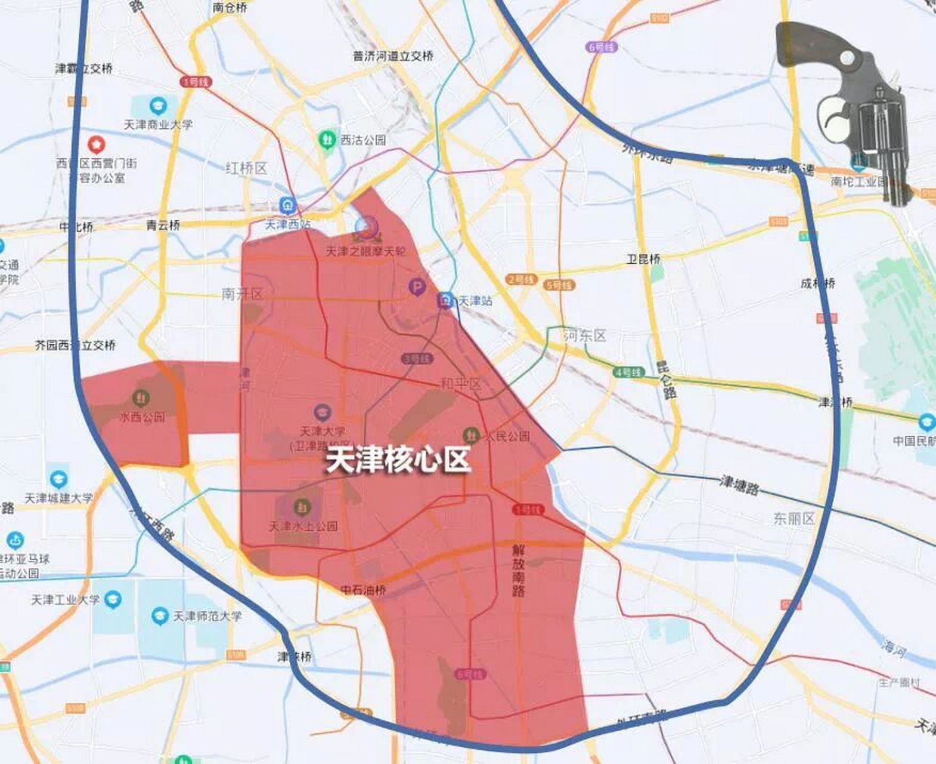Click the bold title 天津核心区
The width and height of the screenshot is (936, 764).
click(x=398, y=460)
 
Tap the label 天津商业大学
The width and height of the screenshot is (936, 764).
click(x=158, y=125)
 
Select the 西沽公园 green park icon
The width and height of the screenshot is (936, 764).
click(x=326, y=140)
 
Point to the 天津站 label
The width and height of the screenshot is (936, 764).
click(x=475, y=300)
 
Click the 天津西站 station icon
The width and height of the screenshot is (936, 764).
click(x=289, y=205)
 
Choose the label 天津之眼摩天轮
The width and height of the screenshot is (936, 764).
click(x=365, y=251)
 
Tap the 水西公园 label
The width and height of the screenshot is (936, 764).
click(x=142, y=417)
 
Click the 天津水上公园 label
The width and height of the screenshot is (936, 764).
click(x=303, y=526)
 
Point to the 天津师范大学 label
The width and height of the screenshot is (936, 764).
click(x=207, y=615)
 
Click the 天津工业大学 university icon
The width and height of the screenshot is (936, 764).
click(x=113, y=599)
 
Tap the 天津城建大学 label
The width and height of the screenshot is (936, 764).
click(x=59, y=498)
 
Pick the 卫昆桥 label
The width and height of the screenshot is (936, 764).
click(x=643, y=259)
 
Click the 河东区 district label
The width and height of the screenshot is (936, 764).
click(x=585, y=336)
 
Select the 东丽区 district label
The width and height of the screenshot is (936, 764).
click(x=794, y=518)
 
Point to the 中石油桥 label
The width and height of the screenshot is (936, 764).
click(x=363, y=590)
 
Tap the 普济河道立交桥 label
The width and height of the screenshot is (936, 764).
click(x=393, y=56)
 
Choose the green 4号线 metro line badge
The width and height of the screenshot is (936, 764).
click(x=628, y=371)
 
